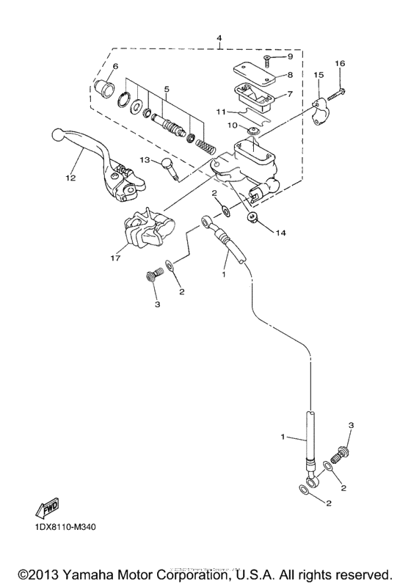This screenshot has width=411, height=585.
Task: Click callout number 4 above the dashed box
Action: (219, 37)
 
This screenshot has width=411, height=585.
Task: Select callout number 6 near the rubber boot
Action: (115, 67)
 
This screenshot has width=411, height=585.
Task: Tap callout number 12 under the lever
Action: (71, 177)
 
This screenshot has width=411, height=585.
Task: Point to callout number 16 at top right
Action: (339, 64)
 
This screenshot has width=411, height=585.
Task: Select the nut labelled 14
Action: (252, 217)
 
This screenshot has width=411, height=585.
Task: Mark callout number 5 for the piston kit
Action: (167, 90)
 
